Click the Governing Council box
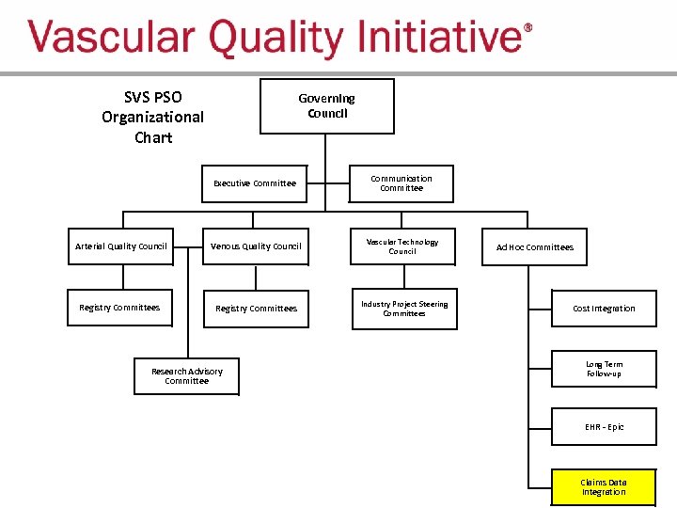pyautogui.click(x=326, y=105)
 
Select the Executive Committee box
pyautogui.click(x=255, y=183)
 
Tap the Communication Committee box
pyautogui.click(x=401, y=183)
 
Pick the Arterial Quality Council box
pyautogui.click(x=120, y=246)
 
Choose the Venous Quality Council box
pyautogui.click(x=256, y=246)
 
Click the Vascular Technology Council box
pyautogui.click(x=402, y=246)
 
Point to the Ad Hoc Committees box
pyautogui.click(x=534, y=247)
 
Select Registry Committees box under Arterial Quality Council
pyautogui.click(x=119, y=308)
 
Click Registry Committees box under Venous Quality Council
pyautogui.click(x=256, y=309)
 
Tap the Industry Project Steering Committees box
pyautogui.click(x=404, y=309)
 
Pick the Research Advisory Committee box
pyautogui.click(x=186, y=376)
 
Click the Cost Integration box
pyautogui.click(x=604, y=309)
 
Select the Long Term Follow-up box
pyautogui.click(x=604, y=369)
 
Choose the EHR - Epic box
pyautogui.click(x=604, y=427)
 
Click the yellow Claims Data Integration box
pyautogui.click(x=604, y=487)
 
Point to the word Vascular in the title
pyautogui.click(x=110, y=40)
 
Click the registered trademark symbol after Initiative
pyautogui.click(x=527, y=28)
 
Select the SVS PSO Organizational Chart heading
pyautogui.click(x=152, y=117)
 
